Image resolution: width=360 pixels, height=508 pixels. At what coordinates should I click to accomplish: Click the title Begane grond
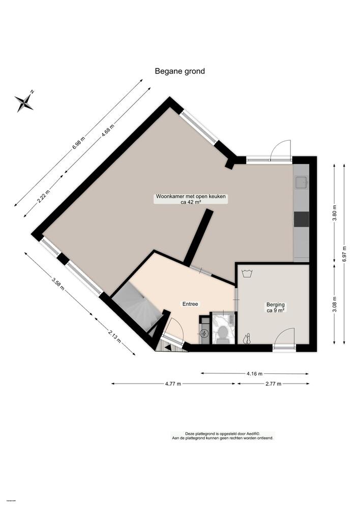179,71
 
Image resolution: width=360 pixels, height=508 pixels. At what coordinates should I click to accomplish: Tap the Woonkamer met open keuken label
191,199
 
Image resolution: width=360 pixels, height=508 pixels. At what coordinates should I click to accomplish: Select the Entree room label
190,304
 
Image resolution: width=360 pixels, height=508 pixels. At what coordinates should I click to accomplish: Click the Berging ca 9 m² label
276,308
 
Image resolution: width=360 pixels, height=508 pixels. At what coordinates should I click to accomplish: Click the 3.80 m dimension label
334,211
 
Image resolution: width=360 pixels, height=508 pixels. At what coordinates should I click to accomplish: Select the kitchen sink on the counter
301,181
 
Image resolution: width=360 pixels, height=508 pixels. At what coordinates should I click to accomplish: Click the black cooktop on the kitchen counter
301,218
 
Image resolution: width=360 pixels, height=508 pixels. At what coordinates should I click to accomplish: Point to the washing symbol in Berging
248,273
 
